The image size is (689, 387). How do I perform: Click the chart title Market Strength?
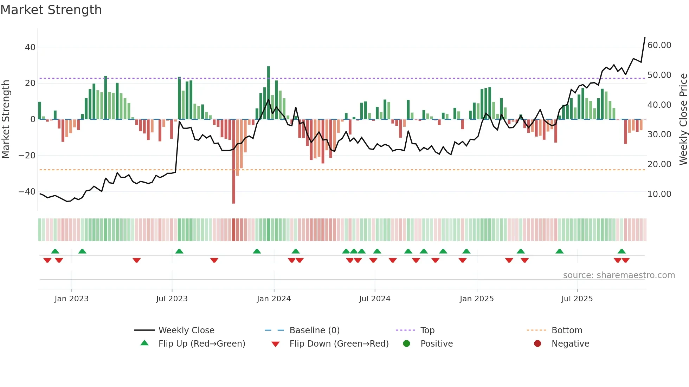51,10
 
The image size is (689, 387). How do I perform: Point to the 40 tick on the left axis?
30,47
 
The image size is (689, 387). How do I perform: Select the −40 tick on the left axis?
27,192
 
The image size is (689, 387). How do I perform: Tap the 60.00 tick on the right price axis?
659,45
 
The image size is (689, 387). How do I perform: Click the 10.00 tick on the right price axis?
659,194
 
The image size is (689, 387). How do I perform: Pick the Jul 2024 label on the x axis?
374,299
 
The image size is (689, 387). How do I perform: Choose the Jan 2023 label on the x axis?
71,299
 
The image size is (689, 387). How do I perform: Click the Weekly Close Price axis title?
683,119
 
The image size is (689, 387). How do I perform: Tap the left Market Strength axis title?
6,119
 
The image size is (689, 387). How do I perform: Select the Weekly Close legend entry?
186,330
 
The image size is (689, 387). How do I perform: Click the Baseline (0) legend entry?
314,330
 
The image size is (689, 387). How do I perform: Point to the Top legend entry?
427,330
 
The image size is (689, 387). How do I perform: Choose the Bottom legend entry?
567,330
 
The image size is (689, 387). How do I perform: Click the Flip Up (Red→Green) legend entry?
201,344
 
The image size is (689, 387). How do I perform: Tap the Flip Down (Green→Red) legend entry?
339,344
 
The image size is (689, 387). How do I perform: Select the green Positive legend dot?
407,344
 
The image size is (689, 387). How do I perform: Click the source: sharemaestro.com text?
619,275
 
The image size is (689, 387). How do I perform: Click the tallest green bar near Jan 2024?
269,91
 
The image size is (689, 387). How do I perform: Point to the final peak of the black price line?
645,38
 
